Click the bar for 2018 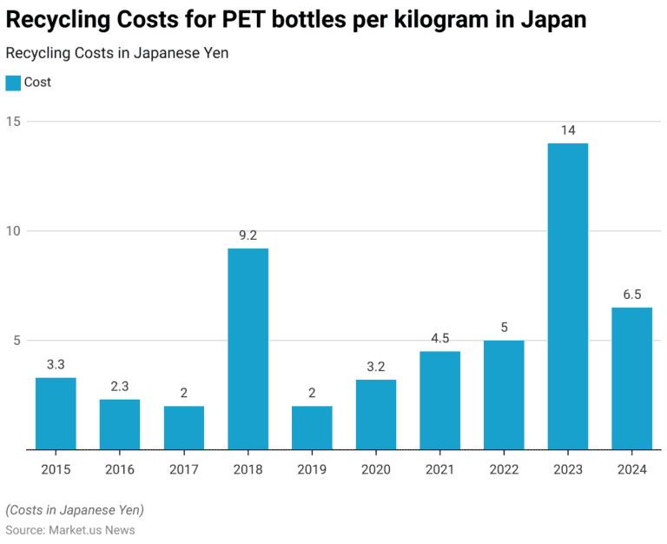point(248,348)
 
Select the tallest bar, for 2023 point(568,295)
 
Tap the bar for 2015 point(56,413)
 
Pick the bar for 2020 point(376,414)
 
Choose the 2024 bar point(631,378)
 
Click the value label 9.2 point(248,235)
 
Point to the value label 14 point(568,129)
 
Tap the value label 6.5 point(631,295)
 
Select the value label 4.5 point(439,338)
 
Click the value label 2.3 point(120,386)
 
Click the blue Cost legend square point(13,83)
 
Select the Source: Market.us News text point(70,529)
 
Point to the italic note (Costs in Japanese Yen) point(75,509)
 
